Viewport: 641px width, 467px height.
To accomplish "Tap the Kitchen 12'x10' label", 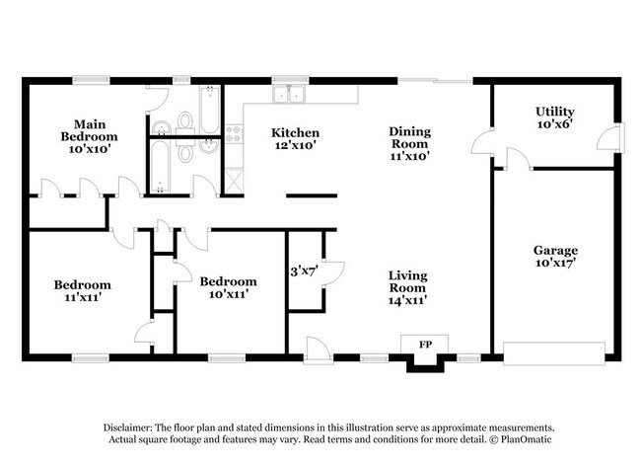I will pos(295,139).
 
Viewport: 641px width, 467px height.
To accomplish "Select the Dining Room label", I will pos(409,142).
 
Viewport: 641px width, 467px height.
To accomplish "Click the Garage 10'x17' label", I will pos(555,257).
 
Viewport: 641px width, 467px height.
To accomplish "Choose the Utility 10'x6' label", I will pos(555,118).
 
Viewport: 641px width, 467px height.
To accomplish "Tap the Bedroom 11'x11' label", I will pos(82,293).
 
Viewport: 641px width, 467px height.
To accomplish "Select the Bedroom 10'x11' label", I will pos(228,287).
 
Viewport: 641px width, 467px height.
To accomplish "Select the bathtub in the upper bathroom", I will pos(209,108).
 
